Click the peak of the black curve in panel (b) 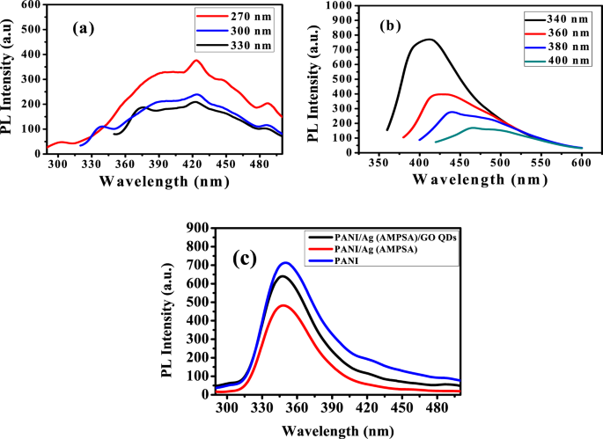(x=364, y=39)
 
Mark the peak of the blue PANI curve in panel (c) (x=308, y=262)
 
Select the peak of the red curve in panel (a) (x=197, y=61)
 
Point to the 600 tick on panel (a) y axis (x=30, y=4)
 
